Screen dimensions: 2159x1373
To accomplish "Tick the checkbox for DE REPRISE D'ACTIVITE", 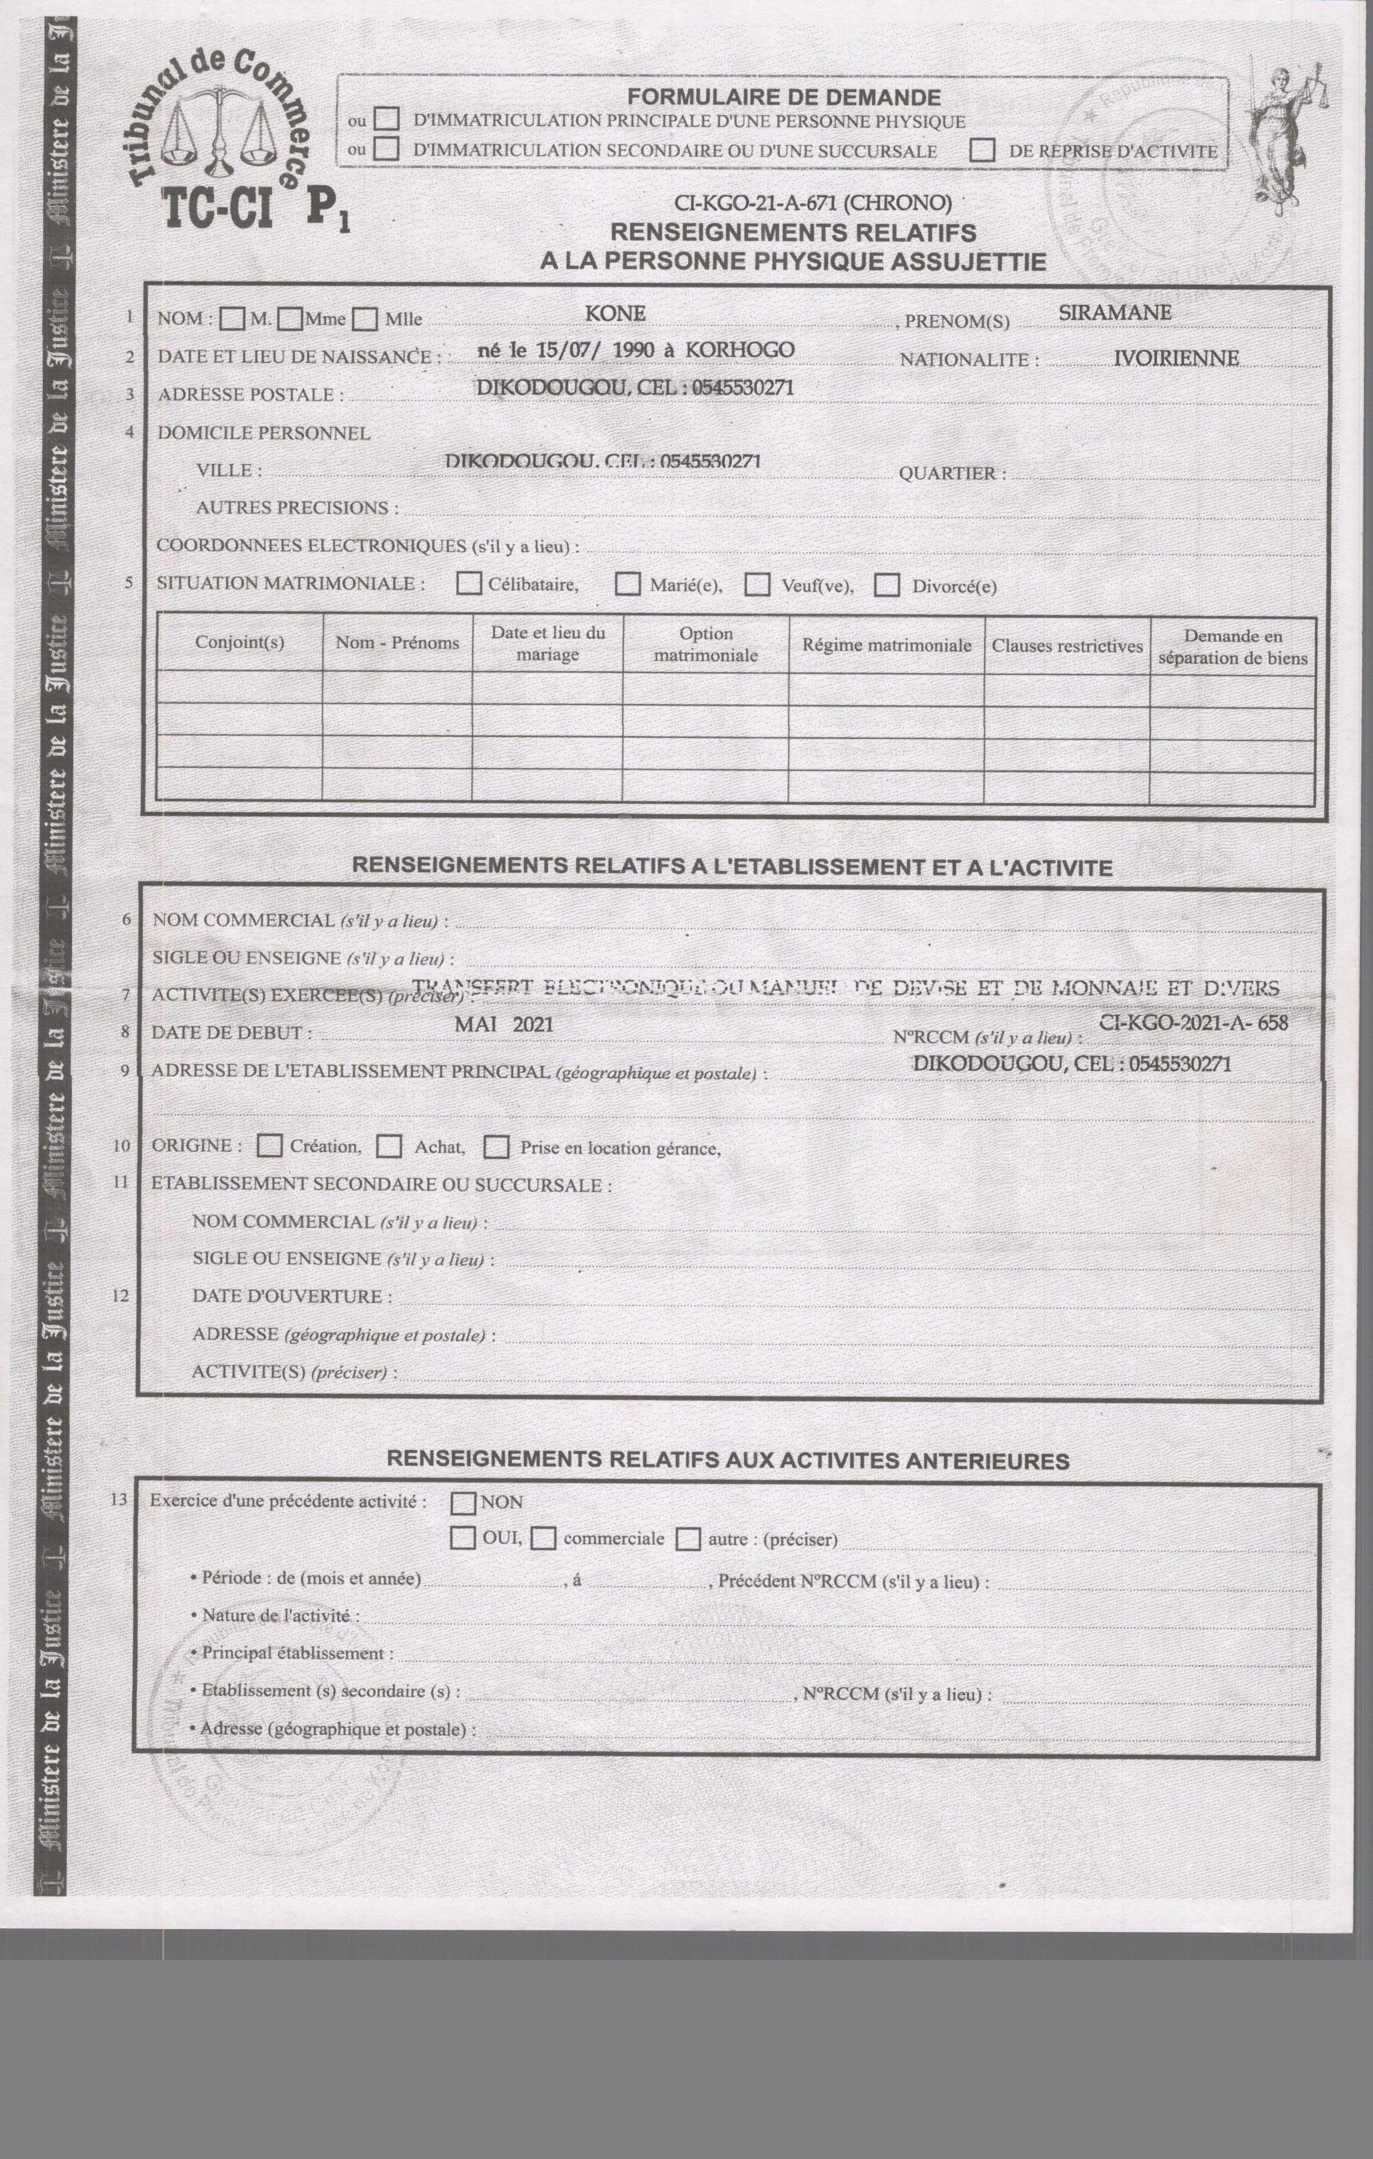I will click(x=982, y=151).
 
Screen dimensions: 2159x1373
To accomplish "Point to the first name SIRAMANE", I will click(x=1115, y=313).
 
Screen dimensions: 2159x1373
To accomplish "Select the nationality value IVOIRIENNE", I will click(x=1176, y=358).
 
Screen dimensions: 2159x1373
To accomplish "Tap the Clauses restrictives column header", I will click(x=1066, y=645).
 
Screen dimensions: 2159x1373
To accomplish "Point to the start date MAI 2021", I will click(x=504, y=1024).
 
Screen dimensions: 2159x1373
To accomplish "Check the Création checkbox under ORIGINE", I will click(x=269, y=1146).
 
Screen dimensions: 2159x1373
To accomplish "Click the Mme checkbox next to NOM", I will click(x=290, y=319).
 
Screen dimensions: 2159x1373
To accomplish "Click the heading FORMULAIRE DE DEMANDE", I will click(x=783, y=98).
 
